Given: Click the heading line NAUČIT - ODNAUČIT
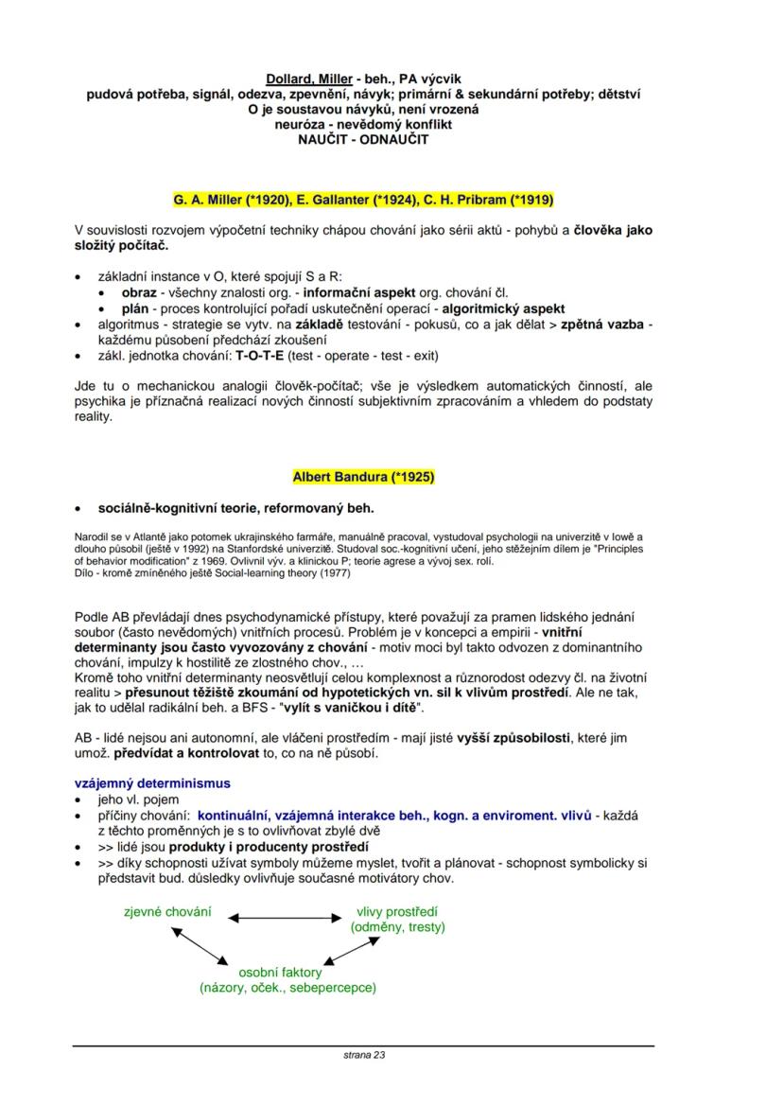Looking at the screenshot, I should click(x=363, y=139).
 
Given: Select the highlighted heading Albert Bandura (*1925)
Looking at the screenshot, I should click(x=363, y=476).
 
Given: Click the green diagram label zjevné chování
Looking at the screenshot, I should click(x=167, y=911).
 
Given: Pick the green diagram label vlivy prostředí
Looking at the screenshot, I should click(x=397, y=911).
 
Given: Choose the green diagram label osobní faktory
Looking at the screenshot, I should click(x=280, y=972).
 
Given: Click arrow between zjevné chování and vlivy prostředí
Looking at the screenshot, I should click(x=283, y=917).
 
